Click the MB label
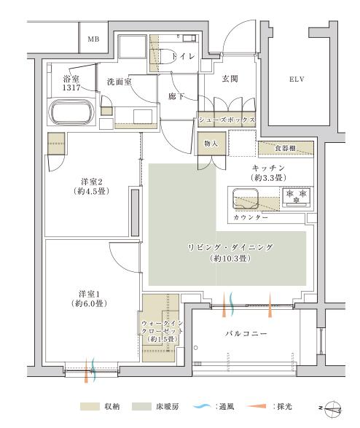tap(93, 39)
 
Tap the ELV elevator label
tap(297, 79)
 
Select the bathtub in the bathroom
tap(71, 112)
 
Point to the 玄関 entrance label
tap(230, 79)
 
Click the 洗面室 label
tap(120, 82)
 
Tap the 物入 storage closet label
tap(211, 144)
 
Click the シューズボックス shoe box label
tap(227, 120)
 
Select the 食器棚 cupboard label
tap(285, 148)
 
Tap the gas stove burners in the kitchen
tap(297, 195)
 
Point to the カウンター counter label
tap(251, 217)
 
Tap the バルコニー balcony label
tap(246, 333)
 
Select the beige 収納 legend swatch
tap(90, 406)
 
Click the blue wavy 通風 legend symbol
tap(202, 406)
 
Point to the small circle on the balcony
tap(195, 348)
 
